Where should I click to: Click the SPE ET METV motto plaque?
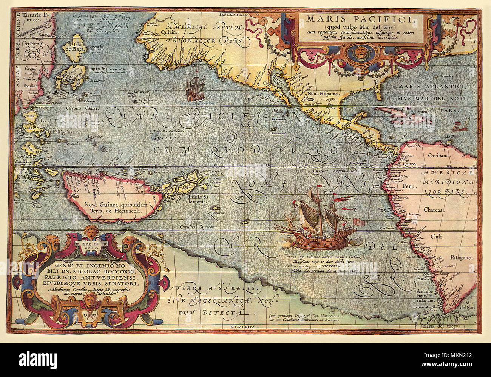click(x=92, y=244)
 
